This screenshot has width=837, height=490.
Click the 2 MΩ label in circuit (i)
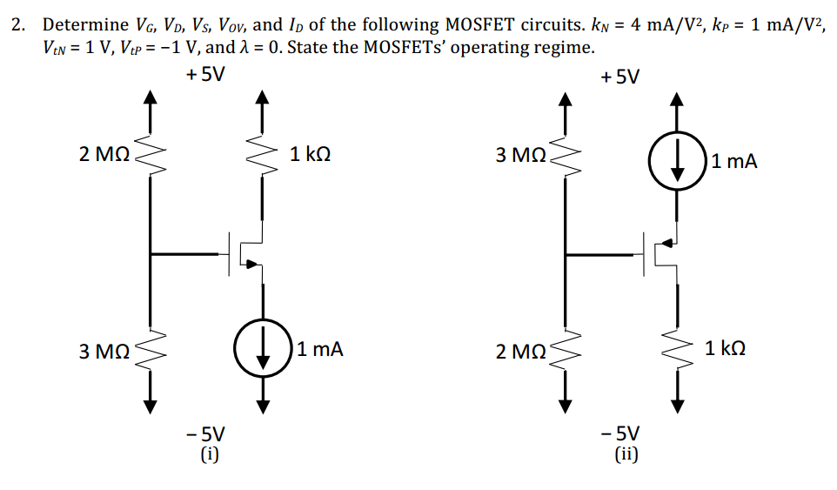[x=104, y=156]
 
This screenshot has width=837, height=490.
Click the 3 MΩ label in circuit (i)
[x=104, y=352]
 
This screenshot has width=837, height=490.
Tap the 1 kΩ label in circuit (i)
[x=310, y=156]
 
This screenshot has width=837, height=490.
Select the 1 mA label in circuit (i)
[x=319, y=350]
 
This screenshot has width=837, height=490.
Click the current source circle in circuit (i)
[x=262, y=351]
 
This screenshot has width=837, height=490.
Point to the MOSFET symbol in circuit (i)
[x=246, y=253]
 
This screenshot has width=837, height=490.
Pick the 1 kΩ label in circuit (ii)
[x=726, y=350]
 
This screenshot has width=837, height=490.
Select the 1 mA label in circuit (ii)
[x=733, y=160]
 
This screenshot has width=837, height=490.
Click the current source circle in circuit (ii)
[x=676, y=160]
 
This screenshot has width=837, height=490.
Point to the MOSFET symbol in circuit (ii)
[x=662, y=253]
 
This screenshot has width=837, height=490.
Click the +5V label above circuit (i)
[x=204, y=75]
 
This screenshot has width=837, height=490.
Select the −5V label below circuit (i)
[x=206, y=433]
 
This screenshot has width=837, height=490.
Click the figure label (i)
[x=206, y=453]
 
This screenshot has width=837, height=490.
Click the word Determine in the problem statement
[x=79, y=24]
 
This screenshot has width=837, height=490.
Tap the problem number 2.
[x=17, y=24]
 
